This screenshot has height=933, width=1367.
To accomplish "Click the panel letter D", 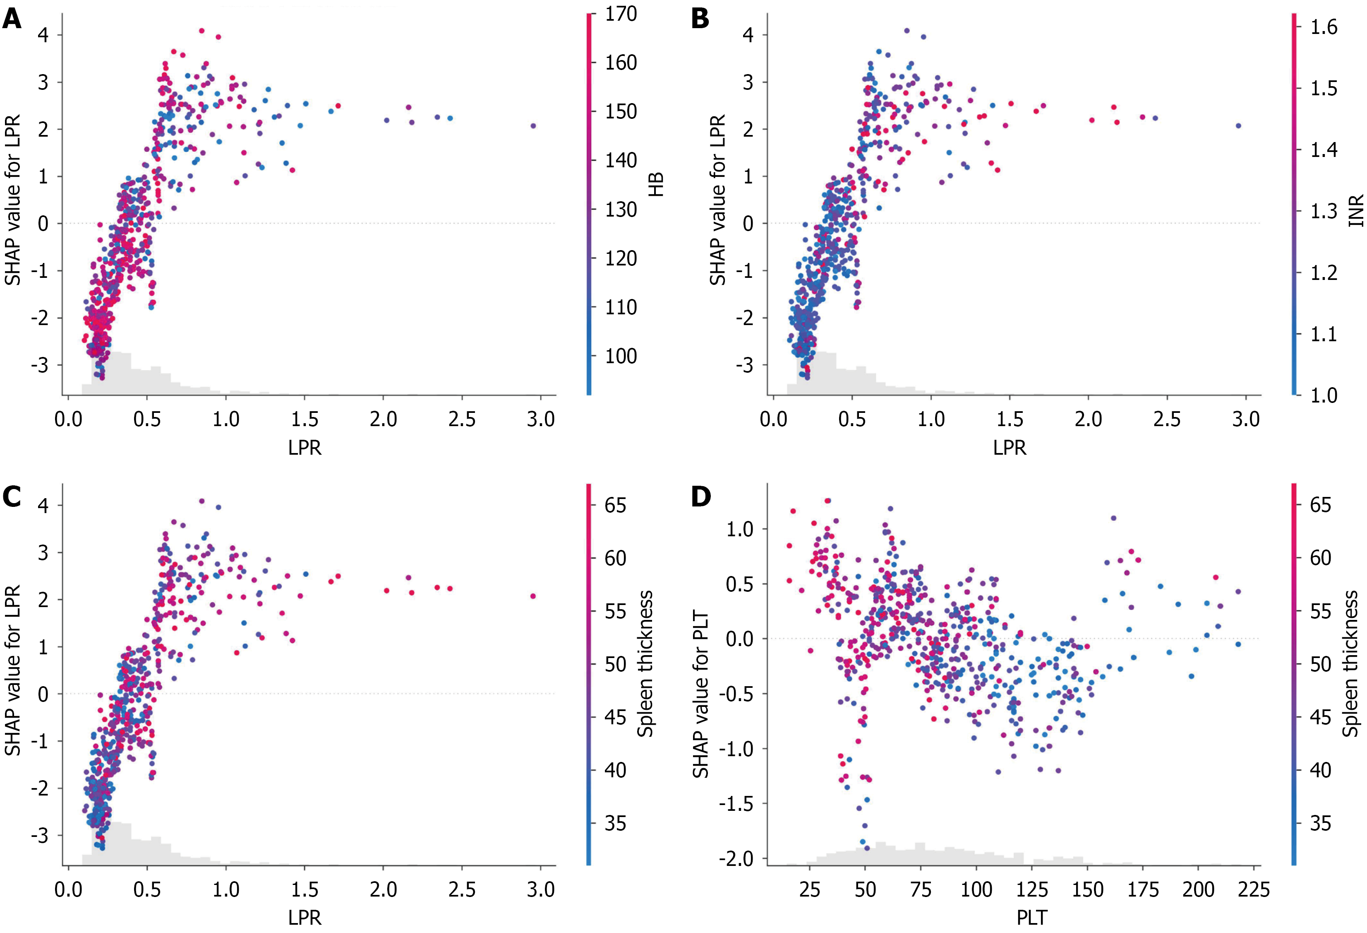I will tap(700, 497).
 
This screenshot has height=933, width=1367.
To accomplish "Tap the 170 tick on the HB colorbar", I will tap(621, 14).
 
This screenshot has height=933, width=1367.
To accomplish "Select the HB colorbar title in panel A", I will tap(656, 184).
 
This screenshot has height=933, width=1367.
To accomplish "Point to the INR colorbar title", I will tap(1356, 211).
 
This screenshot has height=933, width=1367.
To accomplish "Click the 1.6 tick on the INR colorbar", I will tap(1324, 27).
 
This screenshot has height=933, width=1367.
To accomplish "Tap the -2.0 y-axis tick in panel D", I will tap(735, 859).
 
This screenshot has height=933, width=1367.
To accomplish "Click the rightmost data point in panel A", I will tap(533, 126).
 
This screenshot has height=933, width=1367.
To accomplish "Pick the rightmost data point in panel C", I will tap(533, 596).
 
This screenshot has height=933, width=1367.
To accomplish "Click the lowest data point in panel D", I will tap(866, 848).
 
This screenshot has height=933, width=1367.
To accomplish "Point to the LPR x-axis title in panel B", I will tap(1010, 448).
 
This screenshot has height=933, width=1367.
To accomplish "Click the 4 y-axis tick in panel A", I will tap(43, 35).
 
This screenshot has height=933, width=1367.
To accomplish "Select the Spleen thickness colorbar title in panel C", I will tap(645, 663).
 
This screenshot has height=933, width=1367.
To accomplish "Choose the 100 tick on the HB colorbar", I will tap(621, 356).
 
